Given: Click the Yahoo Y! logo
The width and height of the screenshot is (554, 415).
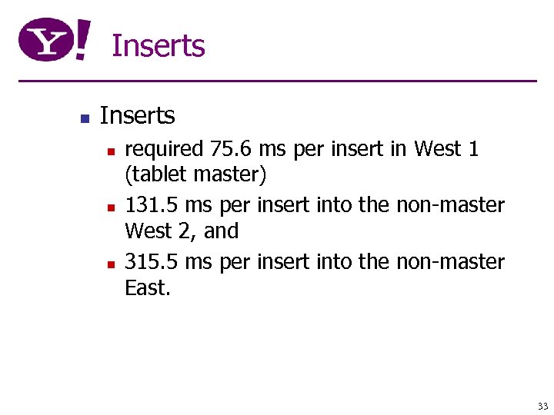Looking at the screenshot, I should pos(55,41).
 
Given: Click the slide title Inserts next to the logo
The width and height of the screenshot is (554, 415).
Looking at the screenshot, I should pos(158,46).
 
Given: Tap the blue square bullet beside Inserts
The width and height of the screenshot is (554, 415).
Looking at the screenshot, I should pos(85,118).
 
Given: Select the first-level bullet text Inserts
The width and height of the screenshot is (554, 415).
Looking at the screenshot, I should pos(137,116).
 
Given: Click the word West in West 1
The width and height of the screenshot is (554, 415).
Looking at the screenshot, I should pos(438,148).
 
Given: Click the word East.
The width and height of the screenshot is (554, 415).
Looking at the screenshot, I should pos(147,287).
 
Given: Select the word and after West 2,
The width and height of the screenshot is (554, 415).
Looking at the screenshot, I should pos(221,231).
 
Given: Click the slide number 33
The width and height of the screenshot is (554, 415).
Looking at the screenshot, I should pos(542,406).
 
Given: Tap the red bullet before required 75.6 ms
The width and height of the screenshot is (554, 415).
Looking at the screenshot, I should pos(110,150).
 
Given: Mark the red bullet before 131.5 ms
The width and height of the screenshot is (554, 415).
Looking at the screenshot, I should pos(110,207).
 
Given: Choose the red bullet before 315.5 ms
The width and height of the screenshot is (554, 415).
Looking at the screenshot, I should pos(110,264).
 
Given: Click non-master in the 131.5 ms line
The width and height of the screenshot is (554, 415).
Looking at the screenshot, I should pos(450,205).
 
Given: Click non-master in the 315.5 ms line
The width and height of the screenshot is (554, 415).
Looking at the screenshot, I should pos(450,262).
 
